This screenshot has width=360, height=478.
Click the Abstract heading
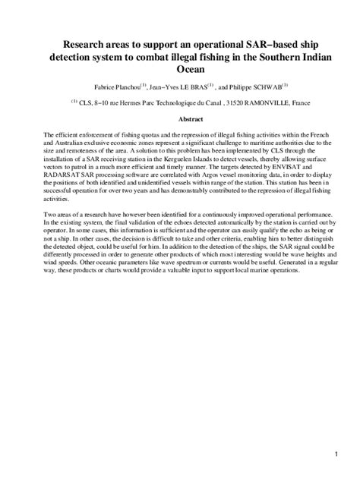click(x=179, y=119)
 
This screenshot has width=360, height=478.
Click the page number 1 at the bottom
click(x=334, y=454)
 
